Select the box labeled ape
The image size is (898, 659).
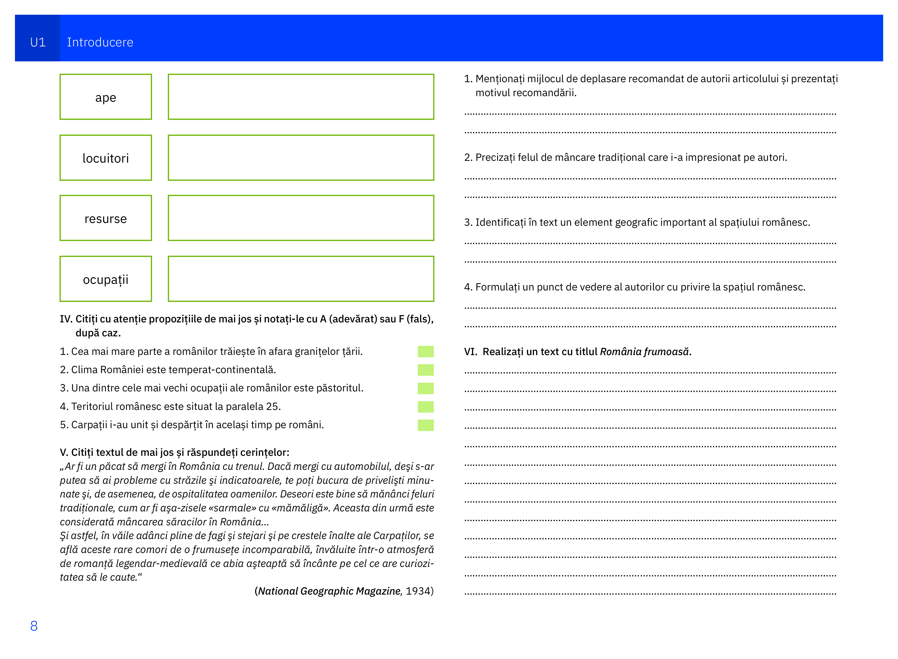pyautogui.click(x=106, y=97)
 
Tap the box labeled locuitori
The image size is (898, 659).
pyautogui.click(x=106, y=158)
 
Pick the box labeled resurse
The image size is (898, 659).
pyautogui.click(x=106, y=218)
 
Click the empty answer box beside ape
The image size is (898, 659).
pyautogui.click(x=301, y=97)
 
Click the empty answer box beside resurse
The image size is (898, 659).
pyautogui.click(x=301, y=218)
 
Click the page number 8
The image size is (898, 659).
pyautogui.click(x=34, y=626)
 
